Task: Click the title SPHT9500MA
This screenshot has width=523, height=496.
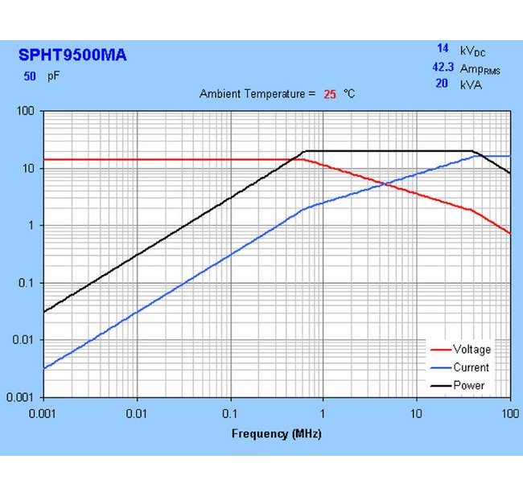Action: [72, 55]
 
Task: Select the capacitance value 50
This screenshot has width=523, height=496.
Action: [30, 76]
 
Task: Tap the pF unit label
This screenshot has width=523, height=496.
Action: [53, 76]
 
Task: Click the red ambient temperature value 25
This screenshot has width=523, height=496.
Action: [329, 94]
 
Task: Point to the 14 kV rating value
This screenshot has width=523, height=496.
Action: [442, 49]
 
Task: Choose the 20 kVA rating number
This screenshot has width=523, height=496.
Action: [442, 84]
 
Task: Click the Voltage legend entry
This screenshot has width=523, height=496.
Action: [472, 350]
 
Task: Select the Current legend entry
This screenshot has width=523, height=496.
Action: [471, 367]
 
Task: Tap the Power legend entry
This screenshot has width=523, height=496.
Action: [469, 385]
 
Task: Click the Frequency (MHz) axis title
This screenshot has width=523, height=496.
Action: [276, 434]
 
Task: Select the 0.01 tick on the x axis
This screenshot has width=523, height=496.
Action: [137, 412]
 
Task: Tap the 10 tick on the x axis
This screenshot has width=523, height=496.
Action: [416, 412]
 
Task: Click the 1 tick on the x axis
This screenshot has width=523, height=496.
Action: [323, 412]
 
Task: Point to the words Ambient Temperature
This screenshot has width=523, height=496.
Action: [252, 94]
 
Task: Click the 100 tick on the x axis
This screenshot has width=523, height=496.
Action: [509, 412]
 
